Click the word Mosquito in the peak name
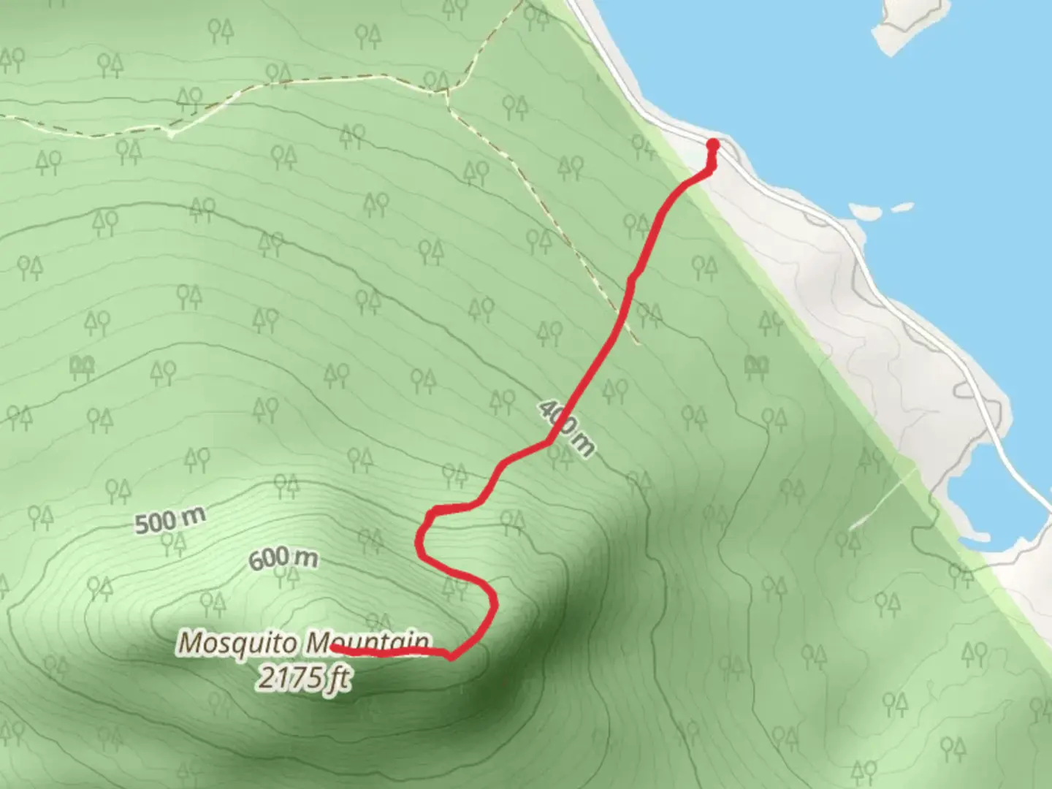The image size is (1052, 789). click(x=239, y=644)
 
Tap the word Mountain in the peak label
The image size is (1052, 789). click(x=367, y=644)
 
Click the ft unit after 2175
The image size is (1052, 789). click(x=338, y=679)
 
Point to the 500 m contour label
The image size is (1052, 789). click(x=169, y=520)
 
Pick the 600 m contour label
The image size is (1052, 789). click(x=283, y=560)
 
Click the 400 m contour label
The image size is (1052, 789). click(x=567, y=428)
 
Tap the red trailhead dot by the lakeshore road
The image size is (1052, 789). click(x=713, y=145)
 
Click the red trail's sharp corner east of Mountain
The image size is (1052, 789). click(x=453, y=657)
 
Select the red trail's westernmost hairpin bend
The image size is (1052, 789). click(x=420, y=541)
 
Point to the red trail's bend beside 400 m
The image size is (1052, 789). click(x=548, y=442)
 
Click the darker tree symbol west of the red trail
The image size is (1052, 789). click(x=82, y=367)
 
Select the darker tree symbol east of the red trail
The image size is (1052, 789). click(x=758, y=367)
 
